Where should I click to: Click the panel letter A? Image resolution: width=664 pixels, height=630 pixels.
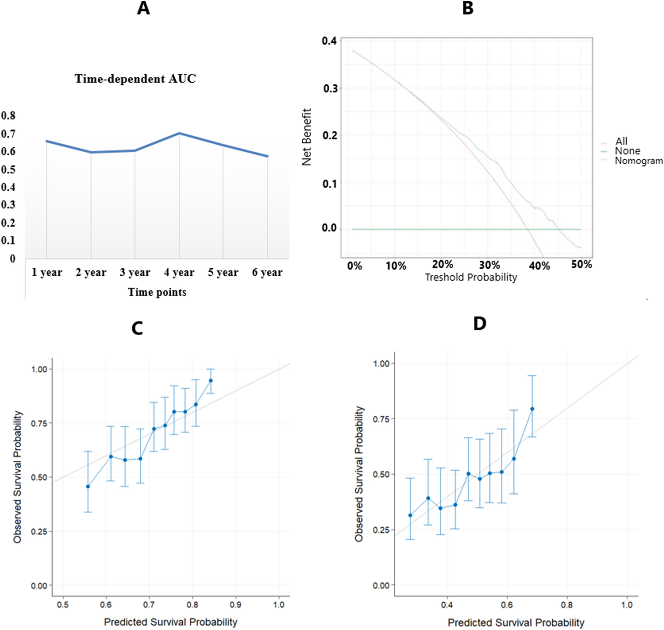pyautogui.click(x=143, y=8)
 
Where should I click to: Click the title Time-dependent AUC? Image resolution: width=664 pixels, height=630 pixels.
pyautogui.click(x=135, y=79)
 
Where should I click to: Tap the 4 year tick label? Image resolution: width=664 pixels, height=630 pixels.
pyautogui.click(x=179, y=273)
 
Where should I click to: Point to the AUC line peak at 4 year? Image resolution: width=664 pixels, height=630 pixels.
pyautogui.click(x=179, y=133)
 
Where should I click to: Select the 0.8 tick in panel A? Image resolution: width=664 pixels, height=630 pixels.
pyautogui.click(x=8, y=115)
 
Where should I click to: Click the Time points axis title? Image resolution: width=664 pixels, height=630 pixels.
pyautogui.click(x=157, y=292)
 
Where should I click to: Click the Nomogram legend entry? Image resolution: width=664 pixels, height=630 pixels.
pyautogui.click(x=638, y=161)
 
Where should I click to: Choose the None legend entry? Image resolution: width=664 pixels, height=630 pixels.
pyautogui.click(x=627, y=151)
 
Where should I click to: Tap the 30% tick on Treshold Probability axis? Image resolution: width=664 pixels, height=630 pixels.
pyautogui.click(x=489, y=265)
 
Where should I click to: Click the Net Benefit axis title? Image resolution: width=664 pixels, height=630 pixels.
pyautogui.click(x=307, y=137)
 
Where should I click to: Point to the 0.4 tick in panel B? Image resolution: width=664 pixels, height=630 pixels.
pyautogui.click(x=329, y=41)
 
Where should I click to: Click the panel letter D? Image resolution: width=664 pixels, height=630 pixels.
pyautogui.click(x=479, y=323)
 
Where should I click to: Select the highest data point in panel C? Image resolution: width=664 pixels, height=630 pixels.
pyautogui.click(x=211, y=381)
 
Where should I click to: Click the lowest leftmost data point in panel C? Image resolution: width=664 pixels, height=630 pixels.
pyautogui.click(x=88, y=487)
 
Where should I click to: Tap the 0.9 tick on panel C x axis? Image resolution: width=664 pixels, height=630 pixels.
pyautogui.click(x=235, y=605)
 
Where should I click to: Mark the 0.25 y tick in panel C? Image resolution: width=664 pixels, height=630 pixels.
pyautogui.click(x=39, y=531)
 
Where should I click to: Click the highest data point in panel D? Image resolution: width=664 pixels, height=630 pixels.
pyautogui.click(x=532, y=409)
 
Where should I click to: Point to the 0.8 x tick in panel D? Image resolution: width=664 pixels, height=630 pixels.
pyautogui.click(x=567, y=605)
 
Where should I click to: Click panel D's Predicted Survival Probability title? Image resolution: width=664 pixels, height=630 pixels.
pyautogui.click(x=516, y=623)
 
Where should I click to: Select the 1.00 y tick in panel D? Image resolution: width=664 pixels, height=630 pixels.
pyautogui.click(x=381, y=364)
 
